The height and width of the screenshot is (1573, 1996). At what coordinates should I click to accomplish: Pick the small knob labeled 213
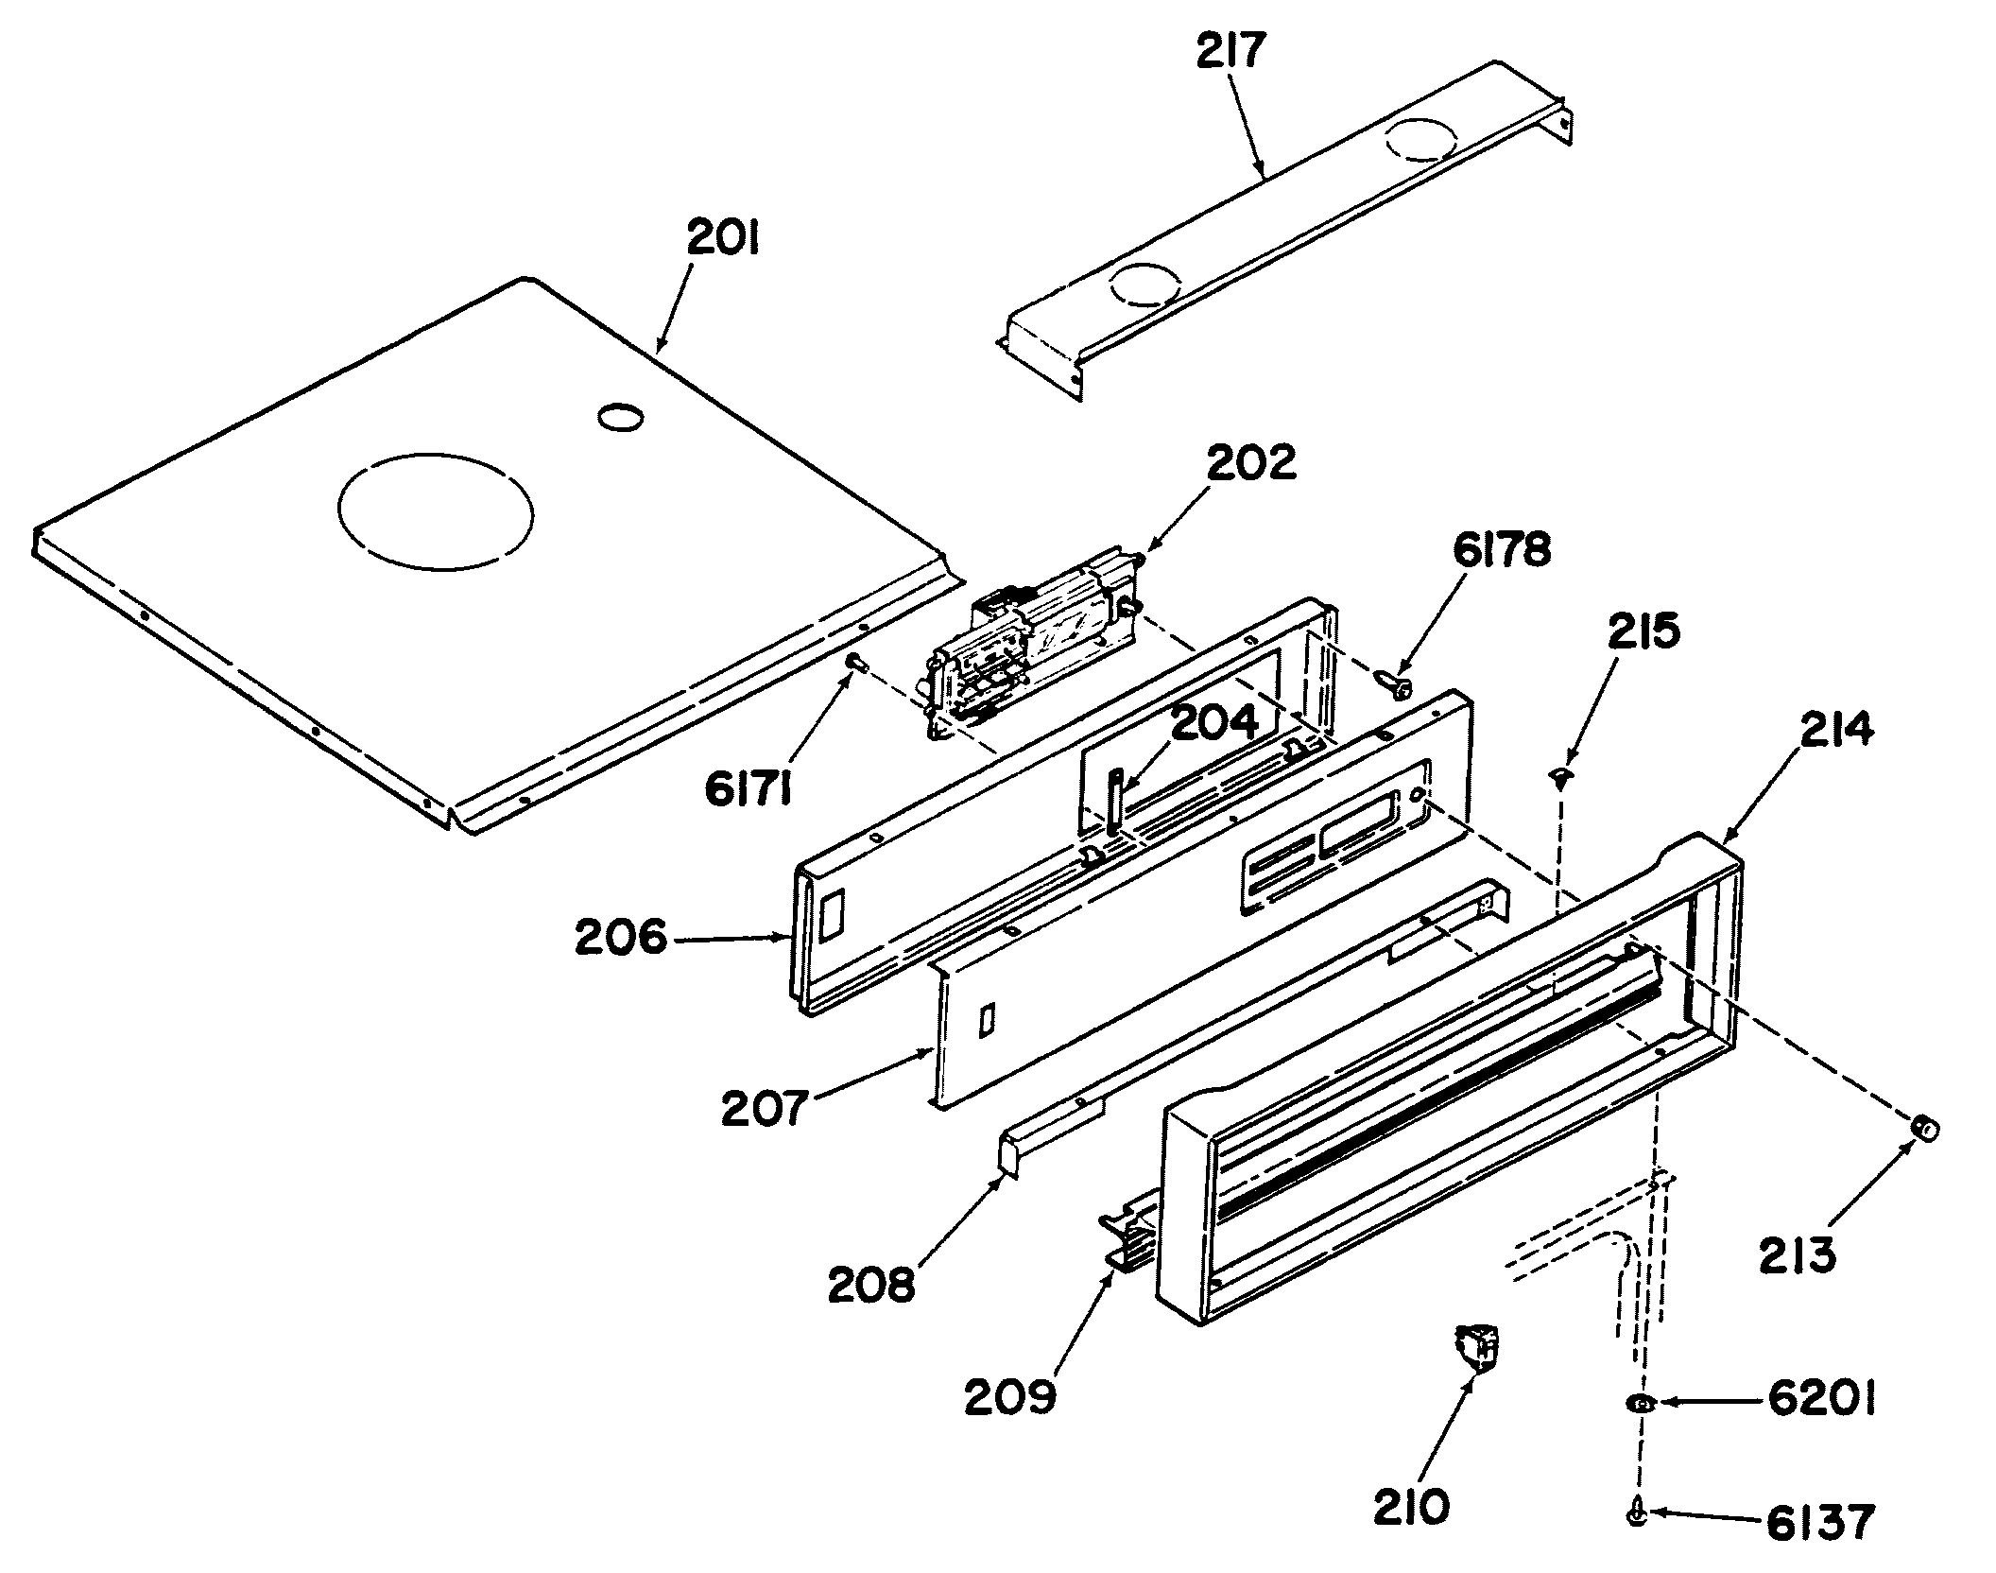(1923, 1128)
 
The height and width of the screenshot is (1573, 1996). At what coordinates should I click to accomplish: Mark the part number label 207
(765, 1109)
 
